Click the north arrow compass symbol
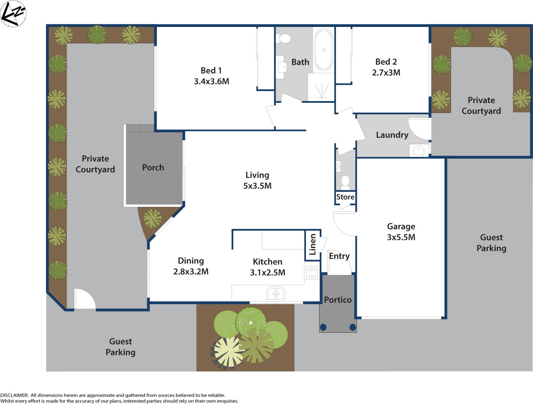[x=13, y=13]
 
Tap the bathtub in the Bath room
[x=323, y=50]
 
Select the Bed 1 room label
[x=211, y=71]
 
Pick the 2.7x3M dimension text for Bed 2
[x=386, y=73]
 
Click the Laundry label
[x=392, y=135]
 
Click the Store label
[x=345, y=197]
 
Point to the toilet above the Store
[x=345, y=182]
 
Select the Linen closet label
[x=313, y=244]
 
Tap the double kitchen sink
[x=276, y=293]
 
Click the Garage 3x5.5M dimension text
[x=401, y=237]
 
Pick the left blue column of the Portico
[x=323, y=327]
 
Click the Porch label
[x=153, y=168]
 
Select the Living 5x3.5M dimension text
[x=257, y=186]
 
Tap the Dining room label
[x=191, y=261]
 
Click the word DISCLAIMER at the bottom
[x=14, y=395]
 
